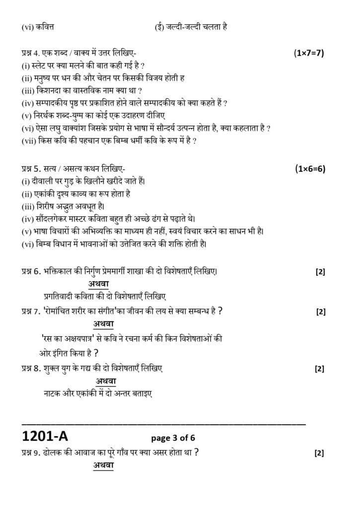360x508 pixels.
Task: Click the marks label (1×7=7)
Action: (309, 53)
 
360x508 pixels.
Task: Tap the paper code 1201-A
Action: (45, 436)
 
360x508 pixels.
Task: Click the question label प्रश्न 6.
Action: (34, 271)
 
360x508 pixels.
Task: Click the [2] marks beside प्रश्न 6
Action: (320, 272)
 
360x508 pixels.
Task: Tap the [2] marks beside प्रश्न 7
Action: (320, 312)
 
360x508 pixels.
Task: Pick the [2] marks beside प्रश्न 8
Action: (320, 369)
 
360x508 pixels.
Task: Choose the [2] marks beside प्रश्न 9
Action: (320, 453)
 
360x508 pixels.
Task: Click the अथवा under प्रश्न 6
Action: (99, 284)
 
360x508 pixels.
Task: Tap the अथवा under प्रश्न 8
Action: (106, 381)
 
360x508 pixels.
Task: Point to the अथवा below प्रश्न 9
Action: (103, 465)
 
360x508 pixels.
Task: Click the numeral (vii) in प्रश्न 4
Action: (29, 141)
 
